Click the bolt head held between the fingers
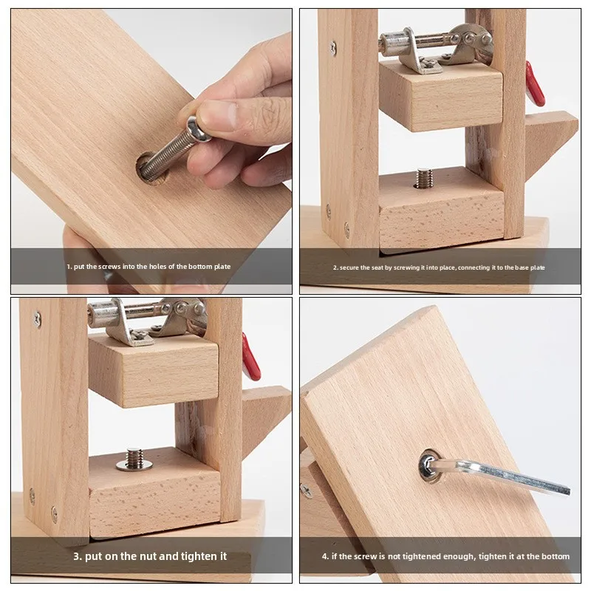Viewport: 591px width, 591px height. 198,131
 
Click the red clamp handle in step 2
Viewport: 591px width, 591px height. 534,84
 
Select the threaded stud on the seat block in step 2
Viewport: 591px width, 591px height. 423,177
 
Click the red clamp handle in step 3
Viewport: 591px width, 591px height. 250,357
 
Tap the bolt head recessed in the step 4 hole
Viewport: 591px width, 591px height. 429,465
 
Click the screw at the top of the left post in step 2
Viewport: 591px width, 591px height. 333,48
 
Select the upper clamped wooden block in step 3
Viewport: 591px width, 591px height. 153,369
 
